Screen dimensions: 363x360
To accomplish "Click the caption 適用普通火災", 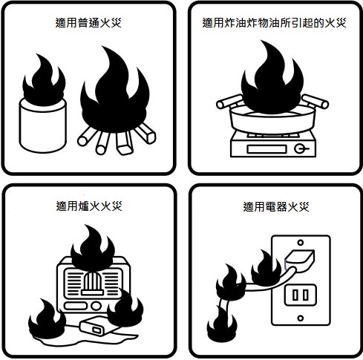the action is (x=88, y=23).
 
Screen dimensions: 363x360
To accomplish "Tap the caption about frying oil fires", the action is (x=274, y=23).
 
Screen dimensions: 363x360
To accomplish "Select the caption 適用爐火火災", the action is (x=89, y=206).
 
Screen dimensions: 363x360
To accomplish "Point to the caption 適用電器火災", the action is (x=276, y=206).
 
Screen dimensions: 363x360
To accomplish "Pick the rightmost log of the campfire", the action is (x=146, y=134).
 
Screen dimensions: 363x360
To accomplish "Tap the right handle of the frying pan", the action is (x=315, y=102).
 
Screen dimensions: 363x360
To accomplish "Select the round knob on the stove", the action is (x=299, y=148).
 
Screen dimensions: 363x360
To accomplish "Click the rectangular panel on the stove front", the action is (x=266, y=149).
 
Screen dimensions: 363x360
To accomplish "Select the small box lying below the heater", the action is (x=99, y=327).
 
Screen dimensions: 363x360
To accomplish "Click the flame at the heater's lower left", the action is (x=47, y=319).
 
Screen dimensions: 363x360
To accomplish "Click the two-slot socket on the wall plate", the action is (x=301, y=295).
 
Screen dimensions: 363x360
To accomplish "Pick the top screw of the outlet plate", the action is (x=301, y=243).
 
